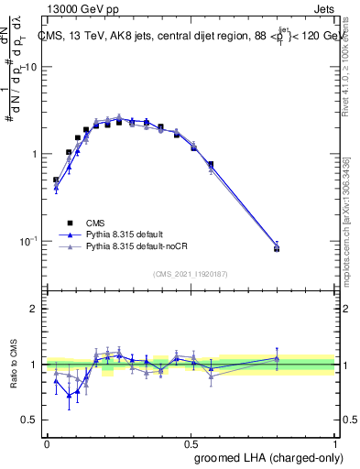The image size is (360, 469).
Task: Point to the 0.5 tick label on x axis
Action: [191, 443]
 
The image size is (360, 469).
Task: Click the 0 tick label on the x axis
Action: [47, 443]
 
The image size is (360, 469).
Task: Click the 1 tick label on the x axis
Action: [335, 443]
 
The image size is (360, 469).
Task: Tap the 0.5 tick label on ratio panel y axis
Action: [29, 420]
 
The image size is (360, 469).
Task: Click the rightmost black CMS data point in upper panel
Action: [277, 248]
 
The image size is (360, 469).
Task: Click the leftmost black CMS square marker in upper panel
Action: [56, 180]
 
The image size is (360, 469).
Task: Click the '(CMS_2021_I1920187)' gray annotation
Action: [190, 273]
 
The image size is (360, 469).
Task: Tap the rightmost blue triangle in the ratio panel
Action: [277, 359]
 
